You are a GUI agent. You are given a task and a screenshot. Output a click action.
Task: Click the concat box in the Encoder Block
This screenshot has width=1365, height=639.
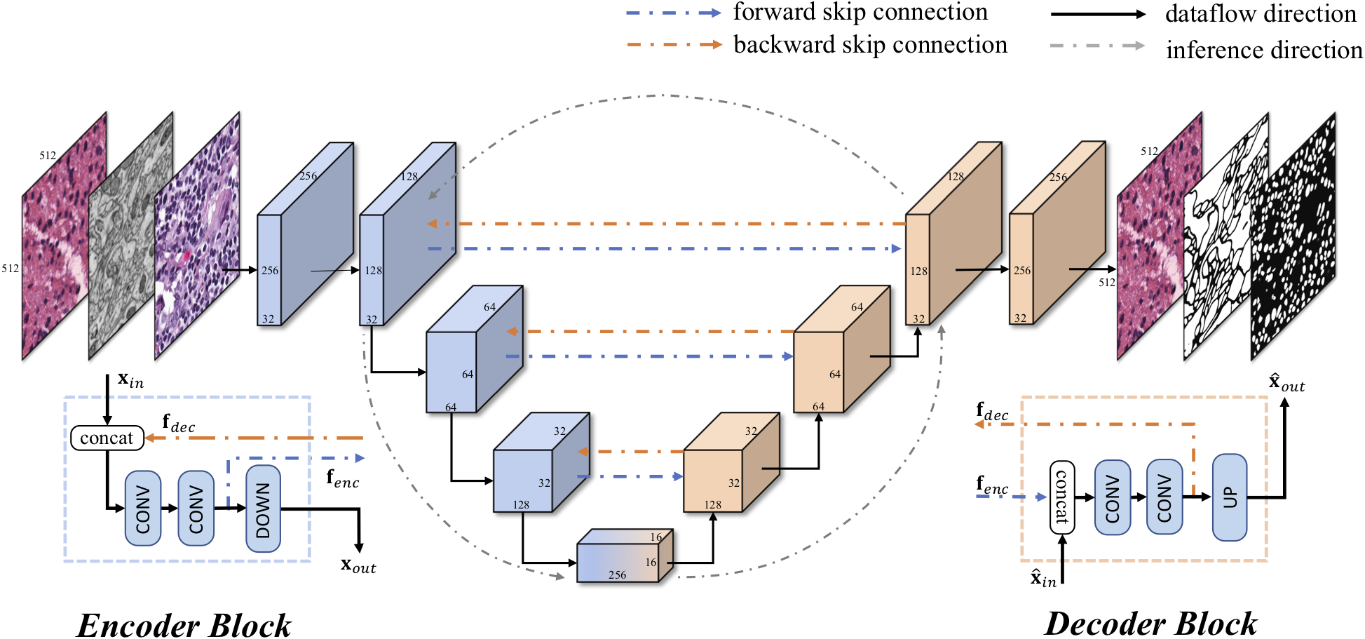point(107,438)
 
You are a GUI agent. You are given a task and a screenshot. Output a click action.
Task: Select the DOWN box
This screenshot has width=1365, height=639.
point(263,509)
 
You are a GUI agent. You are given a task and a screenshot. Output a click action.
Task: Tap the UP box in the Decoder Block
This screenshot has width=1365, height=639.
point(1230,497)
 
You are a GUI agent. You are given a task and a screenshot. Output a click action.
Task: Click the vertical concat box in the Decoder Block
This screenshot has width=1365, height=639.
point(1061,497)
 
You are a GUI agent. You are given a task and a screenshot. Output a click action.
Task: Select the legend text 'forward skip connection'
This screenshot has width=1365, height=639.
point(860,12)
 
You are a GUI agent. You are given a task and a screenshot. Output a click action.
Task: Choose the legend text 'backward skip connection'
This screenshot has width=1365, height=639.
point(870,45)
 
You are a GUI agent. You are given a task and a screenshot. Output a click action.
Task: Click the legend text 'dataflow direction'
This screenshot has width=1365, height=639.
point(1261,14)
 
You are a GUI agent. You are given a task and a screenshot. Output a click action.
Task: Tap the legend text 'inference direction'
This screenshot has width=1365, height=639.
point(1264,50)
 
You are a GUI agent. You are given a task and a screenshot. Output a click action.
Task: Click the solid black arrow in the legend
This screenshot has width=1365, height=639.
point(1097,14)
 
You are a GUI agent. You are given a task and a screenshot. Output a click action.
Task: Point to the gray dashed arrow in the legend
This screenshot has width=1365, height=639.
point(1097,46)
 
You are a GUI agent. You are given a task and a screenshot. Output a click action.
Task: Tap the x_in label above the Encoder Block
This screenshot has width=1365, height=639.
point(130,381)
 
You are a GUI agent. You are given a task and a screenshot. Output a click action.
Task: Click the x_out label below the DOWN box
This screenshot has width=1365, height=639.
point(358,565)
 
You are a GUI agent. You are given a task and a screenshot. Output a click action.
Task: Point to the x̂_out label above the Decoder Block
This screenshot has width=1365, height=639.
point(1286,383)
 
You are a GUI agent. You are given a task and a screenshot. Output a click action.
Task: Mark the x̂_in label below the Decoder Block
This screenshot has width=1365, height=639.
point(1043,579)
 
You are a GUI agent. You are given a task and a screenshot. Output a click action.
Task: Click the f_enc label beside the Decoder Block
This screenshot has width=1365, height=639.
point(992,485)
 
